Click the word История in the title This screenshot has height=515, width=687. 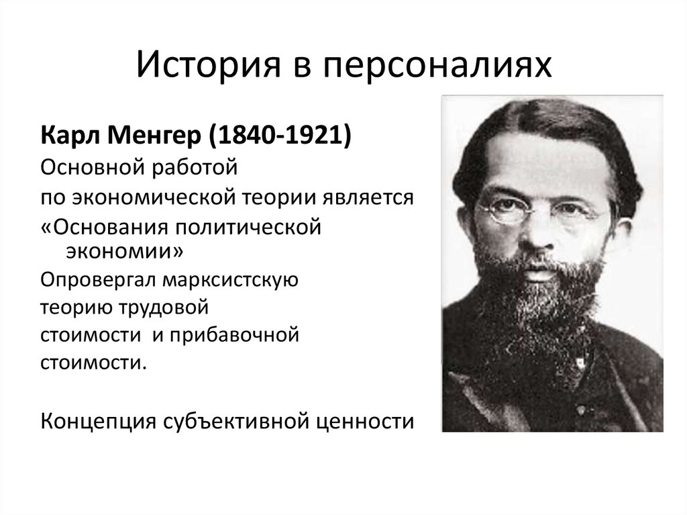(x=208, y=64)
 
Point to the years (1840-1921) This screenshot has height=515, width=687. (x=280, y=136)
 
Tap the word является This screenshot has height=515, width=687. (x=368, y=198)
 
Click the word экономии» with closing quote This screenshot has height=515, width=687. (x=125, y=251)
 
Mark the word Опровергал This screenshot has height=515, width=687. (x=98, y=281)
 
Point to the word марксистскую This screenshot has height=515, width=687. (x=231, y=281)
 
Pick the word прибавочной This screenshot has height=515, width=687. (x=234, y=335)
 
